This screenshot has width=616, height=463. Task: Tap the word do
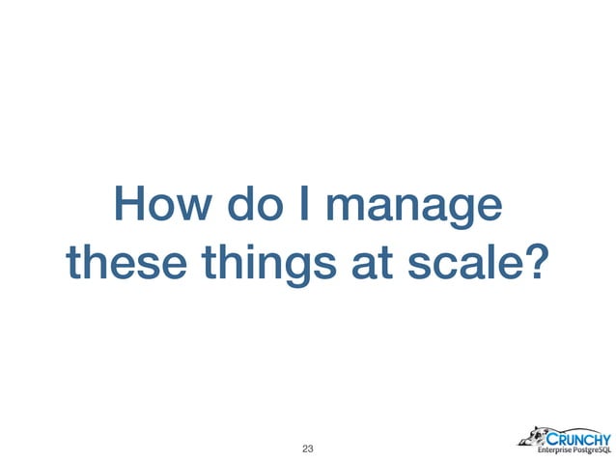[x=250, y=205]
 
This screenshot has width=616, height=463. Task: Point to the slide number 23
[x=308, y=449]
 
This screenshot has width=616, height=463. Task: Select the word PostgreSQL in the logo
[x=592, y=449]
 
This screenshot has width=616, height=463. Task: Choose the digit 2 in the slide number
[x=305, y=449]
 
